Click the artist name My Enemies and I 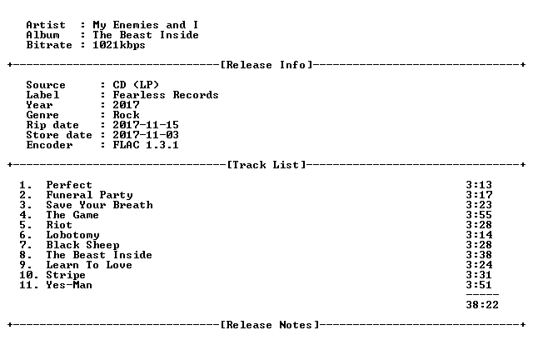pyautogui.click(x=146, y=25)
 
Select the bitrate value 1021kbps pyautogui.click(x=119, y=45)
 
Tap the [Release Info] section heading pyautogui.click(x=266, y=65)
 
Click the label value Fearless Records pyautogui.click(x=166, y=95)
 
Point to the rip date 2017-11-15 pyautogui.click(x=146, y=125)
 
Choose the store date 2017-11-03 pyautogui.click(x=146, y=135)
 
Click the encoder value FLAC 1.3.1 pyautogui.click(x=146, y=145)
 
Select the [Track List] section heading pyautogui.click(x=266, y=165)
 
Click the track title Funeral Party pyautogui.click(x=89, y=195)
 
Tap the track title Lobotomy pyautogui.click(x=72, y=235)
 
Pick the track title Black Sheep pyautogui.click(x=83, y=245)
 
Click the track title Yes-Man pyautogui.click(x=69, y=285)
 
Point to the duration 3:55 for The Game pyautogui.click(x=479, y=215)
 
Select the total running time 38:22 pyautogui.click(x=482, y=305)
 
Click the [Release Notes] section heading pyautogui.click(x=270, y=325)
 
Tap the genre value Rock pyautogui.click(x=126, y=115)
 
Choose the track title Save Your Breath pyautogui.click(x=100, y=205)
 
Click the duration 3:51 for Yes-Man pyautogui.click(x=479, y=285)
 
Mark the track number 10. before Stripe pyautogui.click(x=29, y=275)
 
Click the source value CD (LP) pyautogui.click(x=136, y=85)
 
